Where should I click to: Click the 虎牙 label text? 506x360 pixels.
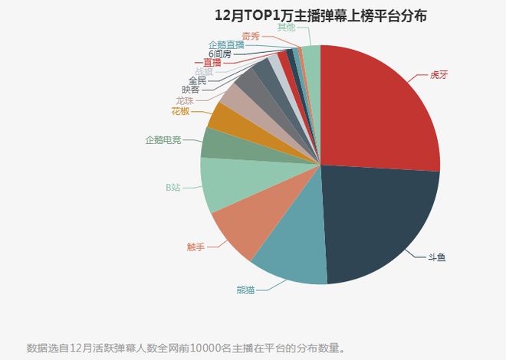pos(439,76)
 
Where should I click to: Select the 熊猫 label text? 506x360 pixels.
pos(246,290)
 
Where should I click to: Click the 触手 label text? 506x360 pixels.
pos(196,247)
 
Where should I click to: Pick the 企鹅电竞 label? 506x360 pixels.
pos(163,140)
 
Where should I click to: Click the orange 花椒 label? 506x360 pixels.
pos(180,111)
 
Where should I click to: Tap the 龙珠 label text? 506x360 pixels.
pos(184,100)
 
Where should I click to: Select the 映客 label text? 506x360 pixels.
pos(190,90)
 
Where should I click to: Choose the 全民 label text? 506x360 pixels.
pos(197,80)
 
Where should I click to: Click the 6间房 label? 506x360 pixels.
pos(219,54)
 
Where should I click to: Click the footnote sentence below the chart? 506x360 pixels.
pos(186,349)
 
